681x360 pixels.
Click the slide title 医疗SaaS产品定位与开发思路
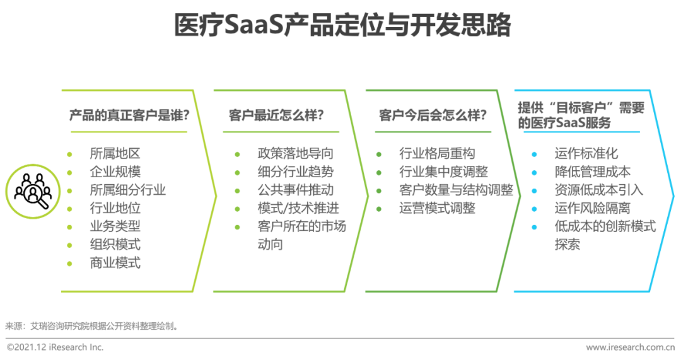click(342, 25)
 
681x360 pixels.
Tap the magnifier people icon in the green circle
click(33, 191)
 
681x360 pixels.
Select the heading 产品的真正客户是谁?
click(129, 115)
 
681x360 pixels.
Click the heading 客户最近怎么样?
click(276, 115)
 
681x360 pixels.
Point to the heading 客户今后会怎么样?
click(433, 115)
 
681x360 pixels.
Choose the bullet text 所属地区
click(115, 153)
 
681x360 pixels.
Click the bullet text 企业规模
click(115, 171)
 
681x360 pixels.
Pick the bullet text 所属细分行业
click(127, 190)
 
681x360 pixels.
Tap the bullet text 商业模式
click(115, 263)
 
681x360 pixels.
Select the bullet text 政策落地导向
click(295, 153)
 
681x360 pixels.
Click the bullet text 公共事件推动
click(295, 190)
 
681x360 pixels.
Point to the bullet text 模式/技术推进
click(298, 208)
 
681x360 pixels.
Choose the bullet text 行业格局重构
click(438, 153)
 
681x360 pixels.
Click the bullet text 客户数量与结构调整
click(457, 190)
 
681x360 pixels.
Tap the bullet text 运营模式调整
click(438, 208)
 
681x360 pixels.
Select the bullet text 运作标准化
click(586, 153)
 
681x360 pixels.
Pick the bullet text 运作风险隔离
click(592, 208)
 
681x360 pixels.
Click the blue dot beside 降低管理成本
click(534, 172)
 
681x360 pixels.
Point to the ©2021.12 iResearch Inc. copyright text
click(55, 347)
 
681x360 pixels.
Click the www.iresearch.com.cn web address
click(630, 347)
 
